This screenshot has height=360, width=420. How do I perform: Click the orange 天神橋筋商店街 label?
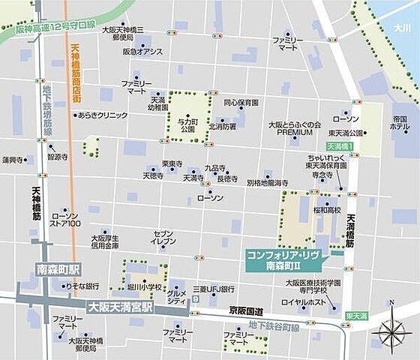click(x=74, y=75)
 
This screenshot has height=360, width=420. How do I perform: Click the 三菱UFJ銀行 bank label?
click(x=214, y=288)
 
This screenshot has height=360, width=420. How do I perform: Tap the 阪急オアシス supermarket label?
click(x=142, y=52)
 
